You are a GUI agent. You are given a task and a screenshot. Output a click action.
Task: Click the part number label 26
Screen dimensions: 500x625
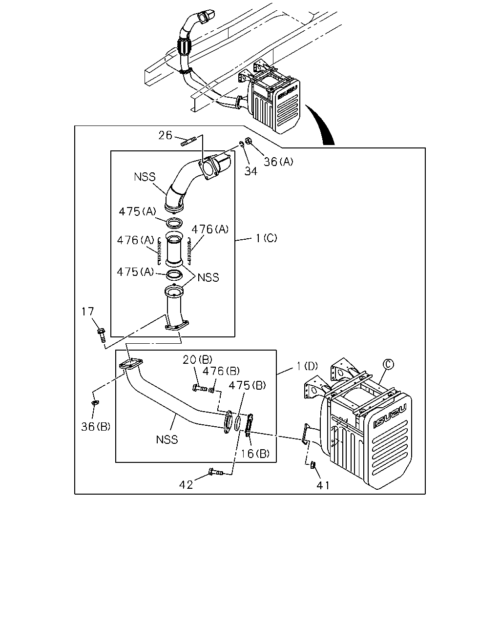pyautogui.click(x=165, y=135)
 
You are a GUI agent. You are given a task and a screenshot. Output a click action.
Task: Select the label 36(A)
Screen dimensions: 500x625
pyautogui.click(x=278, y=162)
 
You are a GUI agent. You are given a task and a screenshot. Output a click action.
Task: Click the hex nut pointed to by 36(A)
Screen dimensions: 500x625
pyautogui.click(x=248, y=141)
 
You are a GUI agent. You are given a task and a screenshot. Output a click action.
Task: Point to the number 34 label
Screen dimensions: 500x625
pyautogui.click(x=250, y=171)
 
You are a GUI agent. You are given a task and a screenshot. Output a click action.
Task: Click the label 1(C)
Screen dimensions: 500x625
pyautogui.click(x=267, y=238)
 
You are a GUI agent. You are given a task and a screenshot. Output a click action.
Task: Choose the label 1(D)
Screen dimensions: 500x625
pyautogui.click(x=307, y=366)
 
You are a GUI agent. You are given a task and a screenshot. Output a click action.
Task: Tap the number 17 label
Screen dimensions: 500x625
pyautogui.click(x=88, y=312)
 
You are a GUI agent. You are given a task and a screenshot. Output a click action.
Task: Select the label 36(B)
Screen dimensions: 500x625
pyautogui.click(x=96, y=426)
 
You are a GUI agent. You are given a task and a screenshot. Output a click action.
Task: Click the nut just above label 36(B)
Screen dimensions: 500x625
pyautogui.click(x=95, y=402)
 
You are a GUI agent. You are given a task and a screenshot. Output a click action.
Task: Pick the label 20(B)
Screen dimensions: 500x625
pyautogui.click(x=197, y=359)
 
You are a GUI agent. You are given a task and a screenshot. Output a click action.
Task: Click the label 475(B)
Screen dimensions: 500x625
pyautogui.click(x=247, y=385)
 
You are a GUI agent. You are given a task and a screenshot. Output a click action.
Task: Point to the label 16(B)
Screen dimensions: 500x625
pyautogui.click(x=255, y=453)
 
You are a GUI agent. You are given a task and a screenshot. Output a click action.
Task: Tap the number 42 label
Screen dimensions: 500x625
pyautogui.click(x=186, y=484)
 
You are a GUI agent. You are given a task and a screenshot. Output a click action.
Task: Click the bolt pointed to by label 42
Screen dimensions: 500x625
pyautogui.click(x=215, y=472)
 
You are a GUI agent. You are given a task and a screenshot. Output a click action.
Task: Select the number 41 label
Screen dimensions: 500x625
pyautogui.click(x=323, y=485)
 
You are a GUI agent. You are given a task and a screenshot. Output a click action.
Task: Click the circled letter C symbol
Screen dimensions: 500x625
pyautogui.click(x=388, y=364)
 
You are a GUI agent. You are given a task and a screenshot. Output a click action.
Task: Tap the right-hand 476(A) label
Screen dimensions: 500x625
pyautogui.click(x=210, y=229)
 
